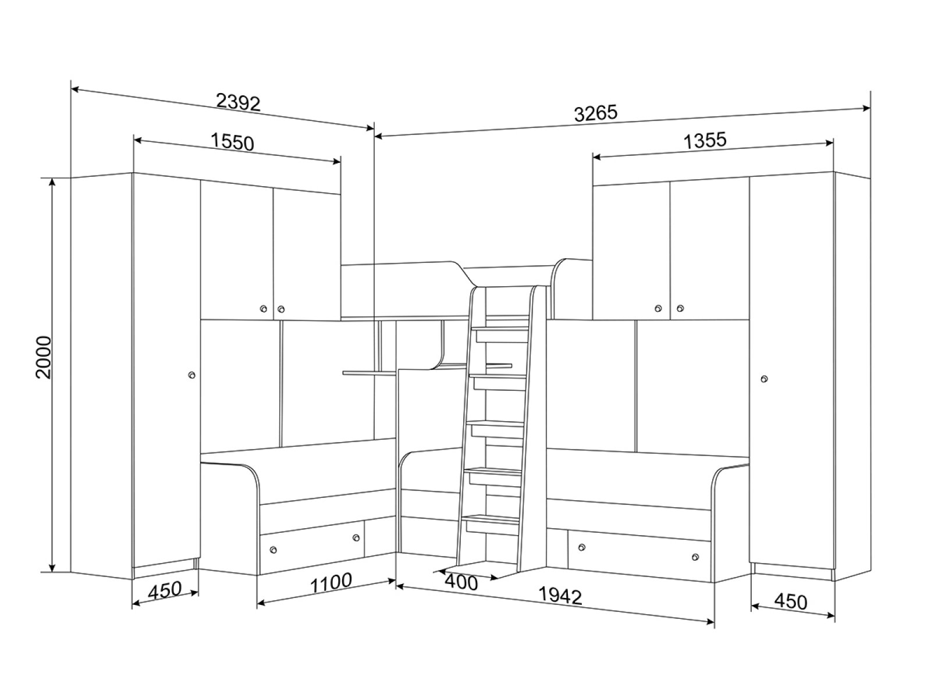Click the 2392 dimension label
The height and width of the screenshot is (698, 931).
(x=238, y=102)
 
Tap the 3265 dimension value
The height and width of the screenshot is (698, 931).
(x=595, y=113)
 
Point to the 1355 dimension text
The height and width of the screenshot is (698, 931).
(x=705, y=140)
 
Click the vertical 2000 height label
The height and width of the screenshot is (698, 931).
(x=44, y=357)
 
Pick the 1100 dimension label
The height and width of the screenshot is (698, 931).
(x=331, y=583)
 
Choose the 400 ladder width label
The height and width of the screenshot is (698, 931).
(x=461, y=583)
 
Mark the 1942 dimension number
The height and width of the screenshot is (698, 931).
(x=560, y=596)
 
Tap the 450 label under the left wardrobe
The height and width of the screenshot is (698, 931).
(x=165, y=590)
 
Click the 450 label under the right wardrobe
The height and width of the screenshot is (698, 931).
(x=791, y=602)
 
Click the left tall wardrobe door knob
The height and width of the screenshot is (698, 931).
(x=191, y=375)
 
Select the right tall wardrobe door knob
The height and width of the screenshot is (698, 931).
(x=765, y=379)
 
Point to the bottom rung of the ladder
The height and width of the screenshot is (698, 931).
(x=492, y=518)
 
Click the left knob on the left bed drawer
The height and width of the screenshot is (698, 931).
(x=273, y=550)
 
